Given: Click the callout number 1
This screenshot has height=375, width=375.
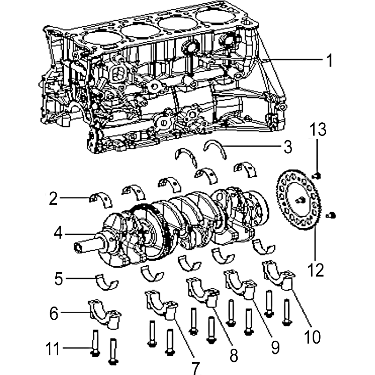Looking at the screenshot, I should tap(329, 60).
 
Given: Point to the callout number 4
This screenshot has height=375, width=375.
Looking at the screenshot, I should tap(57, 232).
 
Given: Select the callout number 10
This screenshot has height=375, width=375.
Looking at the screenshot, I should tap(311, 336).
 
